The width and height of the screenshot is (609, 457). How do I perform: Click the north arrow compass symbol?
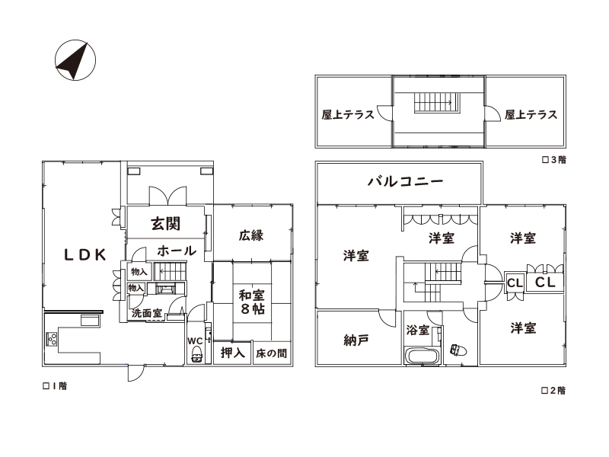tap(75, 60)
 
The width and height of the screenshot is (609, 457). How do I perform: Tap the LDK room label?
tap(85, 255)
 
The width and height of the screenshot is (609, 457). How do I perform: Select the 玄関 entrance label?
tap(166, 223)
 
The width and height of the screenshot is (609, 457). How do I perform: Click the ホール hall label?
tap(177, 251)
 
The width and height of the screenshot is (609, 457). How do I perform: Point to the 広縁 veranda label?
tap(251, 235)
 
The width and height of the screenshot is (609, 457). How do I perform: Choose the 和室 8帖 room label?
tap(252, 302)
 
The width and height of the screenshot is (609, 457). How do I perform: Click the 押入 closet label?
tap(233, 353)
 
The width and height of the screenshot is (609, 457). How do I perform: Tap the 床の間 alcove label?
tap(272, 353)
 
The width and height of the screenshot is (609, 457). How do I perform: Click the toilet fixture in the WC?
tap(196, 354)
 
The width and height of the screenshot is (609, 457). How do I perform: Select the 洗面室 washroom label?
tap(146, 313)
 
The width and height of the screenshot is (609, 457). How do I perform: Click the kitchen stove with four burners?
tap(52, 339)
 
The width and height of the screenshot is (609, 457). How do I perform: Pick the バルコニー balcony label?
tap(405, 181)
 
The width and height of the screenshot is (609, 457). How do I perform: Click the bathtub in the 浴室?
tap(422, 356)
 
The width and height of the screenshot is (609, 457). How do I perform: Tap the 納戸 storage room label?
tap(356, 340)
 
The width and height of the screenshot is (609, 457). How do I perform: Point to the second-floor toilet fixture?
tap(458, 350)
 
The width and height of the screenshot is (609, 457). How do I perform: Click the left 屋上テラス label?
tap(348, 115)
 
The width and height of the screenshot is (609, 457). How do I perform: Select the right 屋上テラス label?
tap(531, 115)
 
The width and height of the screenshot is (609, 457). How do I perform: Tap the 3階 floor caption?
tap(554, 159)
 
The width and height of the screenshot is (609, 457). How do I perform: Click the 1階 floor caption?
tap(55, 386)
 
